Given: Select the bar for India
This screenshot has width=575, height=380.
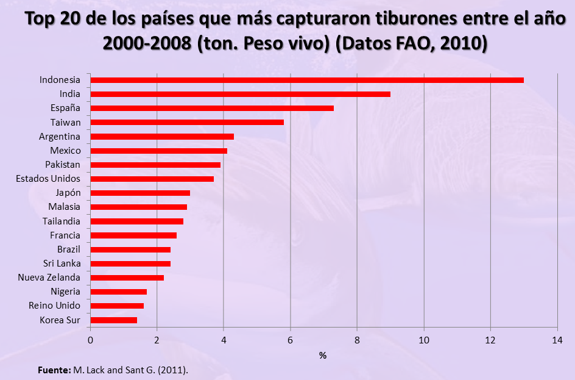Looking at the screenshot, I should pos(240,94).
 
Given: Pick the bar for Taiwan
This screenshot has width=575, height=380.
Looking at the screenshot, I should pos(187,122).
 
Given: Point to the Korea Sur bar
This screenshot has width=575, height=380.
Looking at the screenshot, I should pos(114,320).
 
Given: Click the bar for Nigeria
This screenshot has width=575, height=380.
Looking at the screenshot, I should pos(119,292).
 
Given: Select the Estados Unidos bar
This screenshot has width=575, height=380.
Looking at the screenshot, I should pos(152,179).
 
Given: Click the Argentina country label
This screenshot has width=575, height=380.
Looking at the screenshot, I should pos(60,136).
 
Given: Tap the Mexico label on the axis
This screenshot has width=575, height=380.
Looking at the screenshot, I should pos(65,150).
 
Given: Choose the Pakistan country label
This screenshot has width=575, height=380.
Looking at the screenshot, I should pos(63,165).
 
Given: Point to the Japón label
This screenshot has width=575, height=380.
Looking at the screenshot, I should pos(68,193).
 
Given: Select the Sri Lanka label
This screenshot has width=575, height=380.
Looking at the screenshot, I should pos(63,263).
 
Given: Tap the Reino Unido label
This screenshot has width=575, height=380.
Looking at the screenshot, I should pos(55,306).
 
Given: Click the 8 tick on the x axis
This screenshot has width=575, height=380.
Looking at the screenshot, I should pos(357,340).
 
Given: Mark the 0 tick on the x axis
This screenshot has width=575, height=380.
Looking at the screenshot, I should pos(91,340).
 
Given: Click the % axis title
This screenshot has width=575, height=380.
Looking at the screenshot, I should pos(323,354).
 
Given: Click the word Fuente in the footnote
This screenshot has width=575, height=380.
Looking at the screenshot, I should pos(54,370).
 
